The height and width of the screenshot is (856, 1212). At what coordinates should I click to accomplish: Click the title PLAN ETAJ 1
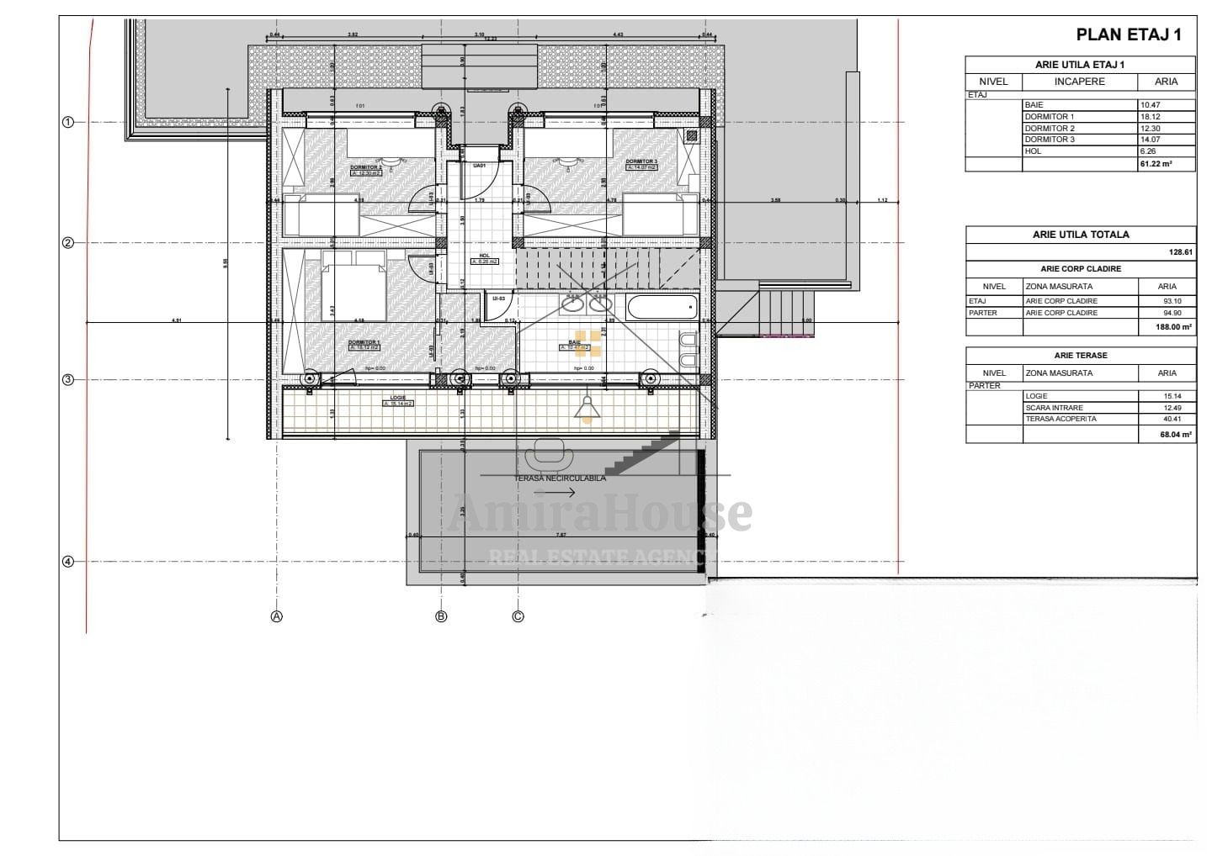(x=1129, y=34)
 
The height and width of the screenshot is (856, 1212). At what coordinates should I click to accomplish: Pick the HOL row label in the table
(x=1032, y=151)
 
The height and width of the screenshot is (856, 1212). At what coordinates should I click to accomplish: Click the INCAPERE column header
(x=1079, y=82)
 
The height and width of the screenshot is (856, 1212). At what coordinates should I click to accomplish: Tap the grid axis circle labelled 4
(x=68, y=562)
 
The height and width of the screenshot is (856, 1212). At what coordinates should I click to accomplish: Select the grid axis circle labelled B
(x=441, y=616)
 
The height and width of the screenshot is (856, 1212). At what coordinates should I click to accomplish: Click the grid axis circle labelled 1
(x=68, y=122)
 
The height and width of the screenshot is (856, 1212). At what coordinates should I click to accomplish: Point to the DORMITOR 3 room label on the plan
(x=641, y=161)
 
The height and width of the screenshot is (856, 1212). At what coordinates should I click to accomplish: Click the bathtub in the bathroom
(x=663, y=307)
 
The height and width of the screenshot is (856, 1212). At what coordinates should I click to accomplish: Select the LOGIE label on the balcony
(x=398, y=398)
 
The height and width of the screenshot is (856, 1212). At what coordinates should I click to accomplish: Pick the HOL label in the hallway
(x=484, y=256)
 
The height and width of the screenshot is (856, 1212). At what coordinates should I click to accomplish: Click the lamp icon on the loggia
(x=586, y=408)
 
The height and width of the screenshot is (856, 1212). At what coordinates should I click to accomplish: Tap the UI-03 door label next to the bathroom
(x=498, y=299)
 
